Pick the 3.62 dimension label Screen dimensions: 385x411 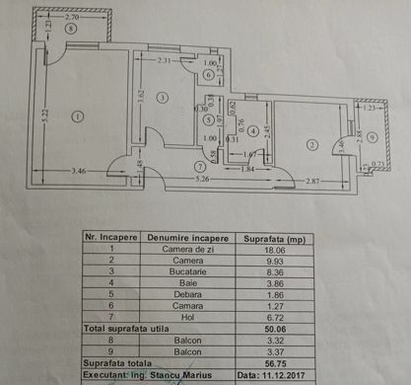click(x=142, y=97)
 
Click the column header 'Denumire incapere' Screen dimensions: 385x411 click(x=187, y=238)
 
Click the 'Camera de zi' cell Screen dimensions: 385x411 click(x=187, y=251)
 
